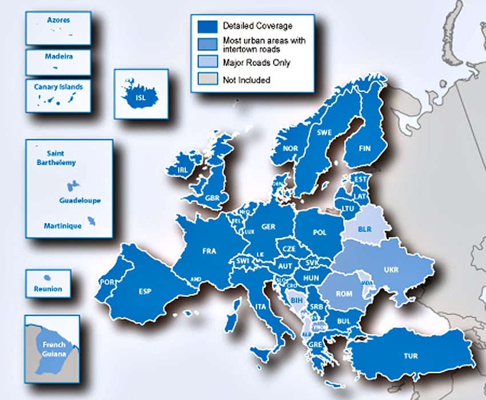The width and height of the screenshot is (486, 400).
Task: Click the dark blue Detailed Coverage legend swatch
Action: coord(208,26)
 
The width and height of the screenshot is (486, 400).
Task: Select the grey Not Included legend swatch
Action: coord(208,80)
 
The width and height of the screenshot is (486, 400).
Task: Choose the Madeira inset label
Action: coord(59,57)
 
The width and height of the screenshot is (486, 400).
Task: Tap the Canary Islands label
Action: coord(59,87)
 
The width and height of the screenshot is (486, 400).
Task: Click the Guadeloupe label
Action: coord(80,201)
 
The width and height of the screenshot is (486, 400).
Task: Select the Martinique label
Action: coord(63,226)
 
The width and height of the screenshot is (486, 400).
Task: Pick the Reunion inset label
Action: coord(48,289)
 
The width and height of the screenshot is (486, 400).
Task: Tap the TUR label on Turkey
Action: coord(410,356)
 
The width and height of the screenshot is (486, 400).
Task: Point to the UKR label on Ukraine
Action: coord(391,270)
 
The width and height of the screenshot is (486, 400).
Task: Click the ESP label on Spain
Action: coord(145,291)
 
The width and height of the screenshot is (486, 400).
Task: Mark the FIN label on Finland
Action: coord(364,149)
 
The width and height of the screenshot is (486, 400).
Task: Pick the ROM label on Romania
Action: coord(344,294)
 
